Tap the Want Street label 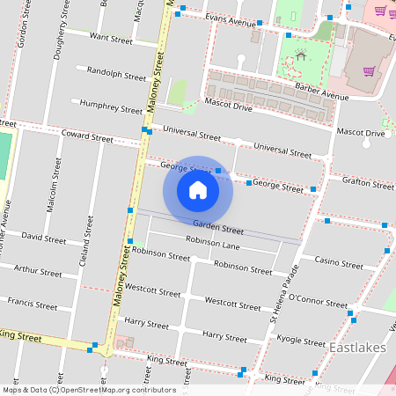(x=111, y=40)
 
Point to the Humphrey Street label (x=111, y=110)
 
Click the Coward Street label (x=87, y=137)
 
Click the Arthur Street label (x=39, y=272)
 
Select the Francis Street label (x=33, y=305)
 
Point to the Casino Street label (x=339, y=263)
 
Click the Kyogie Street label (x=325, y=339)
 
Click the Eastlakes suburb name (x=357, y=349)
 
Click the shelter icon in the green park (x=301, y=56)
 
